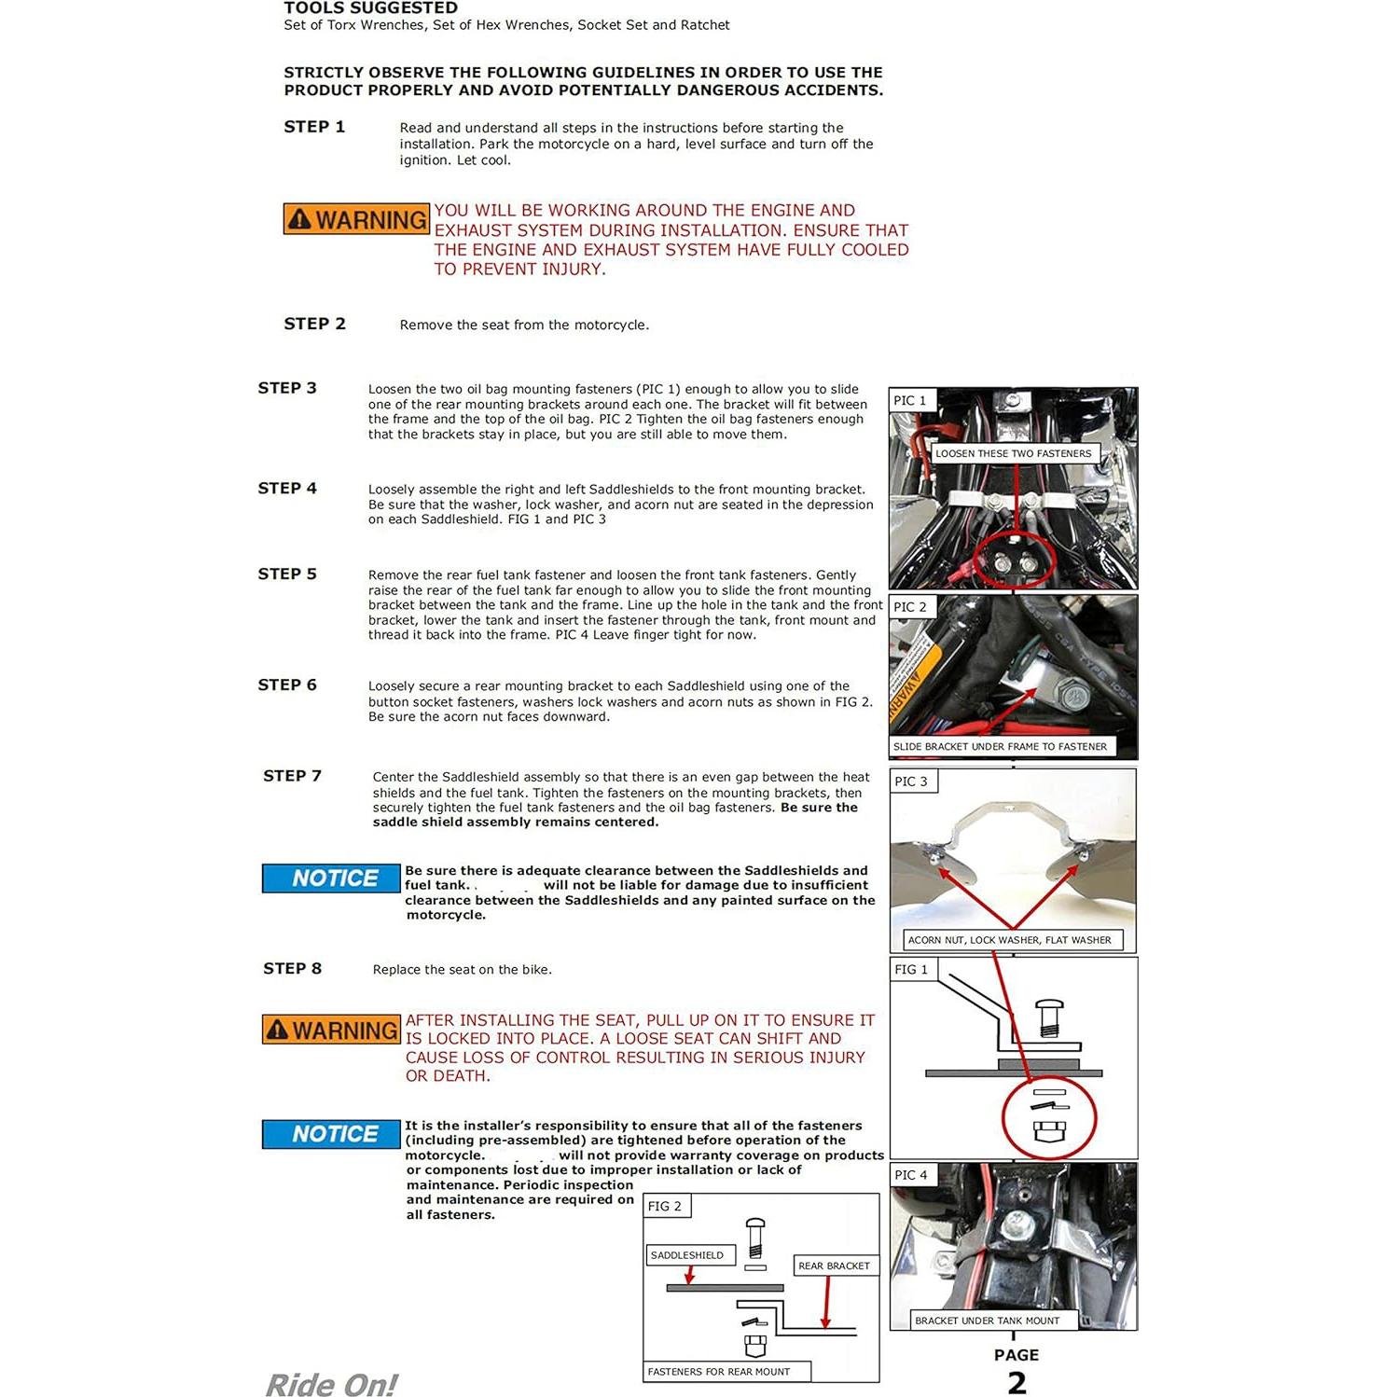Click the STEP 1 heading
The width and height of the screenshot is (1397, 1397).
[314, 127]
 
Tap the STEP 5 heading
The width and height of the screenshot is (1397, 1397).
[287, 574]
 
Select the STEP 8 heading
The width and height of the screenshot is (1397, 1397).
[292, 969]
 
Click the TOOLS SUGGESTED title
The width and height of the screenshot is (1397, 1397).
[370, 8]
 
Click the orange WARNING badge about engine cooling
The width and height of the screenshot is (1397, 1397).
[356, 219]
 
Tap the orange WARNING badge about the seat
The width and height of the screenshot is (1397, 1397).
[331, 1030]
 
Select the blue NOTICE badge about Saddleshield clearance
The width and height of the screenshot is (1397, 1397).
[331, 878]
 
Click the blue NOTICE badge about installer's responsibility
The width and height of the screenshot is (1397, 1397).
[331, 1134]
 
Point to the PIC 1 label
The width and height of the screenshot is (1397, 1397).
[910, 401]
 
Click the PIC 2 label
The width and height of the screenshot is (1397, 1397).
[910, 607]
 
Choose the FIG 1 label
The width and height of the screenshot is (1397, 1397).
[911, 970]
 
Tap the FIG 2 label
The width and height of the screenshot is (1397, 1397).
[665, 1207]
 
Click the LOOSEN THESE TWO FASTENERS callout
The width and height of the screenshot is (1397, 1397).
[1013, 454]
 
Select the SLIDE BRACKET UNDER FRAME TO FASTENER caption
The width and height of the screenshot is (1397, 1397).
[1000, 747]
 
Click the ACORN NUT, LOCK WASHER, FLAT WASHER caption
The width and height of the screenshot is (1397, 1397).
[1009, 940]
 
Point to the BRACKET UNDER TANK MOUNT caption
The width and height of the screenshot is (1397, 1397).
[987, 1321]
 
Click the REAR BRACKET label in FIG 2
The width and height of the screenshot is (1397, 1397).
[834, 1266]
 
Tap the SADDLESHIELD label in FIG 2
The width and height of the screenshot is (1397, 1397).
[687, 1255]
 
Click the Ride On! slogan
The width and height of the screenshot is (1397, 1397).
[331, 1384]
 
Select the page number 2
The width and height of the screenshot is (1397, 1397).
[1017, 1382]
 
